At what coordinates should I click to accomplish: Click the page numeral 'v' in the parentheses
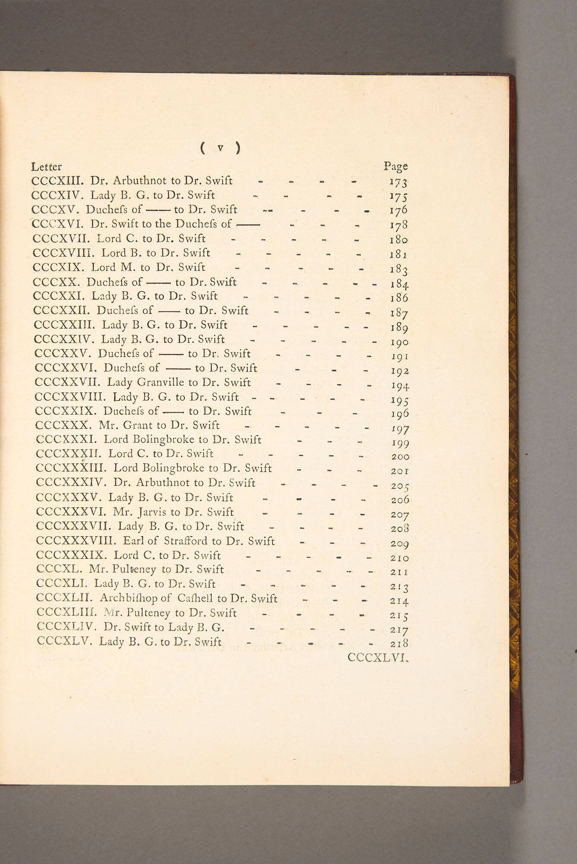pyautogui.click(x=221, y=148)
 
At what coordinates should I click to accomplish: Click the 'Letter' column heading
pyautogui.click(x=46, y=167)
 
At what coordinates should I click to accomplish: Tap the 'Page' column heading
pyautogui.click(x=395, y=166)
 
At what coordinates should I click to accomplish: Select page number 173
pyautogui.click(x=398, y=183)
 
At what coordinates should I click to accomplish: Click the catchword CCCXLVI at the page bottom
pyautogui.click(x=378, y=658)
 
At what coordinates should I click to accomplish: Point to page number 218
pyautogui.click(x=399, y=644)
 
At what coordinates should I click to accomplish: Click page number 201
pyautogui.click(x=400, y=471)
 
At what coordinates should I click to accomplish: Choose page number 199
pyautogui.click(x=400, y=443)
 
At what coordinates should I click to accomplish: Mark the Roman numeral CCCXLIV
pyautogui.click(x=67, y=627)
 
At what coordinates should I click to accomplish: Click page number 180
pyautogui.click(x=398, y=240)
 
